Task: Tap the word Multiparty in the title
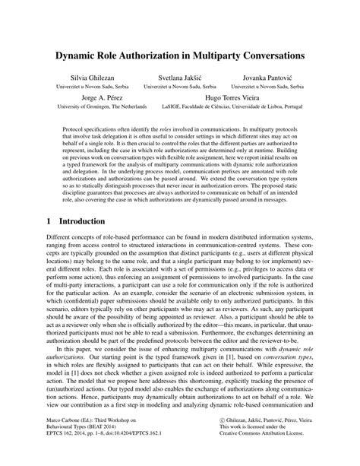coord(227,55)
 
